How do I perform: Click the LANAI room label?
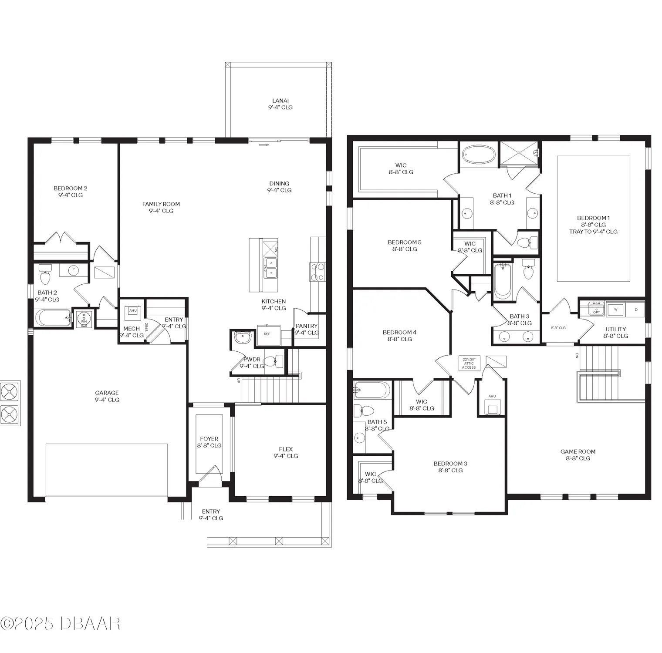pyautogui.click(x=280, y=104)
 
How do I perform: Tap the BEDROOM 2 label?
pyautogui.click(x=70, y=192)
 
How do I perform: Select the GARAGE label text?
pyautogui.click(x=107, y=396)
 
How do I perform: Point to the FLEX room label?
pyautogui.click(x=286, y=452)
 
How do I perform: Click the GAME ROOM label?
pyautogui.click(x=578, y=455)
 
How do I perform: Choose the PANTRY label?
pyautogui.click(x=307, y=329)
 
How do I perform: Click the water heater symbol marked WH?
pyautogui.click(x=83, y=319)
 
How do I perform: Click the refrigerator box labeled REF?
pyautogui.click(x=267, y=334)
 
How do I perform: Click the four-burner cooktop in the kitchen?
pyautogui.click(x=317, y=272)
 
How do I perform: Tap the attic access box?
pyautogui.click(x=469, y=363)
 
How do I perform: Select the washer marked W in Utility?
pyautogui.click(x=615, y=310)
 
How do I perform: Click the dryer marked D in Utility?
pyautogui.click(x=635, y=310)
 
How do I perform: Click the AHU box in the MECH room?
pyautogui.click(x=133, y=311)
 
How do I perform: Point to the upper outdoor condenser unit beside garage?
pyautogui.click(x=10, y=392)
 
